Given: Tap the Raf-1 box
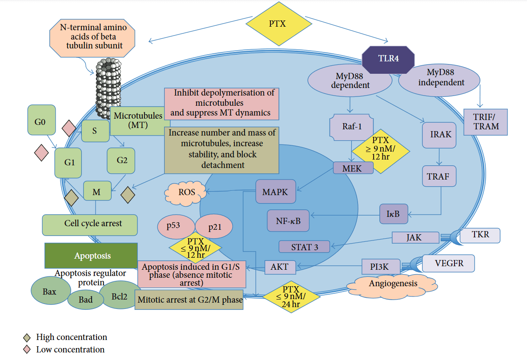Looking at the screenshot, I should click(x=352, y=126).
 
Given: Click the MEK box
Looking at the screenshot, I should click(x=353, y=168).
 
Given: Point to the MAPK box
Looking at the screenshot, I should click(x=276, y=192).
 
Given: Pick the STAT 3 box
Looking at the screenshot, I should click(x=305, y=247).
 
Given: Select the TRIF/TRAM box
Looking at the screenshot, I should click(x=486, y=122).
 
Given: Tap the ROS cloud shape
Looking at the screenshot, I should click(x=186, y=192).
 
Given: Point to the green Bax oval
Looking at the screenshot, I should click(x=50, y=292).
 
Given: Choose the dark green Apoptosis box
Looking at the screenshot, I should click(x=91, y=256).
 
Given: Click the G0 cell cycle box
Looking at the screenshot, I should click(x=41, y=120).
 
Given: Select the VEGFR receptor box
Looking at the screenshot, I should click(x=448, y=263).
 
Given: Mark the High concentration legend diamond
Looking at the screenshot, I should click(x=27, y=337).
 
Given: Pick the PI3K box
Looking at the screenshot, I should click(x=381, y=267).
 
